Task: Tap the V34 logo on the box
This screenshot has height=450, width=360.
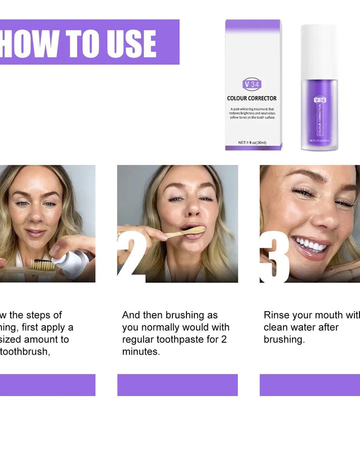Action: click(252, 84)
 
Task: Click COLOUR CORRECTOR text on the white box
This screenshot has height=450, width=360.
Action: click(252, 98)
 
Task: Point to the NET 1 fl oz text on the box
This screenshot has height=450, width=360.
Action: click(252, 142)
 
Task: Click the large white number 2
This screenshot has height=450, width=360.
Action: click(131, 255)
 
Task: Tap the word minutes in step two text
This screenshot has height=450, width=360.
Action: click(141, 352)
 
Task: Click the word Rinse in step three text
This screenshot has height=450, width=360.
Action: click(277, 315)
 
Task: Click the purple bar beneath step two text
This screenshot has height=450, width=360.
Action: click(177, 385)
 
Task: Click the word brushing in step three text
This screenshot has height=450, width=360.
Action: click(284, 340)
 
